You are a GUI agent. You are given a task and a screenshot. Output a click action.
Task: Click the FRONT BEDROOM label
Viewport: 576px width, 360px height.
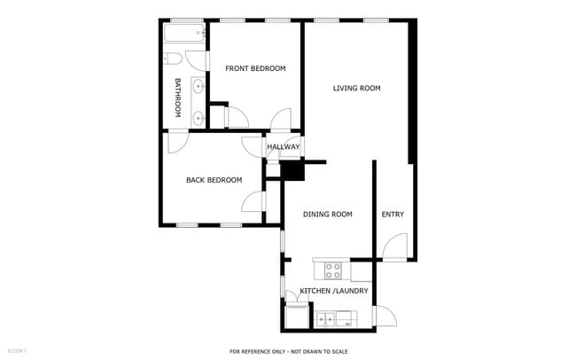255,68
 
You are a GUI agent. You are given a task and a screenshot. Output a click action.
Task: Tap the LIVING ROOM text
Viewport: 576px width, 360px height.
356,88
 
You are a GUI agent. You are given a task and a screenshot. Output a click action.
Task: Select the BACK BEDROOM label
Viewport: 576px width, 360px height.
214,180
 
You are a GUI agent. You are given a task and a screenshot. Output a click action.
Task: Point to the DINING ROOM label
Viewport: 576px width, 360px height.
328,214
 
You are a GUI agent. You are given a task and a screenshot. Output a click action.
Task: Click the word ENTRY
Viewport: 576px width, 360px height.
393,214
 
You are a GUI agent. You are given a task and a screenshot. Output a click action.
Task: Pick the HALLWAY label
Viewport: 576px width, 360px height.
284,147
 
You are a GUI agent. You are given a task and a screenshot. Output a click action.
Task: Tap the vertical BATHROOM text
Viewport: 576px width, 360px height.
177,98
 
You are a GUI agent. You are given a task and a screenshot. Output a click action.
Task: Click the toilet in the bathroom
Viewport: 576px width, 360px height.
173,59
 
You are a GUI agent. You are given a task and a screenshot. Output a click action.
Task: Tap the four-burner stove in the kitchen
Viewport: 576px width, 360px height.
334,268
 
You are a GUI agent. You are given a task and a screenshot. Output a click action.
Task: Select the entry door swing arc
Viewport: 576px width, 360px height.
395,246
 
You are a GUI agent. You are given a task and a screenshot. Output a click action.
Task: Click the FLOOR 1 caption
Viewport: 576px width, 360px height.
17,351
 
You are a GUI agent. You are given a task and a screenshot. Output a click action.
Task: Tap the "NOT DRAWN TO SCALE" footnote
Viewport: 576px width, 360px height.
309,351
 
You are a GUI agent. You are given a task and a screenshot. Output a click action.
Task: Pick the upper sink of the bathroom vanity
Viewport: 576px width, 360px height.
198,87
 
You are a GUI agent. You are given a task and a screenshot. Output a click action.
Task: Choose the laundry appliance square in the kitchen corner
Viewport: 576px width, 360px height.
295,317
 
